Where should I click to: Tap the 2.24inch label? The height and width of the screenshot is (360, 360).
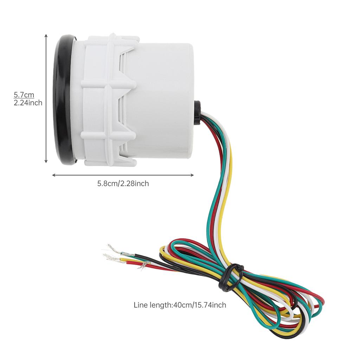pos(28,103)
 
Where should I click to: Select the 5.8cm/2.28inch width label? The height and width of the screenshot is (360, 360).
pos(123,184)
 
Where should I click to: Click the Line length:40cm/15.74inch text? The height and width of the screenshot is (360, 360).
pos(180,305)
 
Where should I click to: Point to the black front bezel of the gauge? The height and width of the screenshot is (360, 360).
pos(63,98)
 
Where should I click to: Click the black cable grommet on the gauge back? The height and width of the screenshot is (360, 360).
pos(198,112)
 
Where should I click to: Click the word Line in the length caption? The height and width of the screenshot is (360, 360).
pos(141,305)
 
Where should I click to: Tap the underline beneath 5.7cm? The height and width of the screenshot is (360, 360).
pos(24,98)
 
